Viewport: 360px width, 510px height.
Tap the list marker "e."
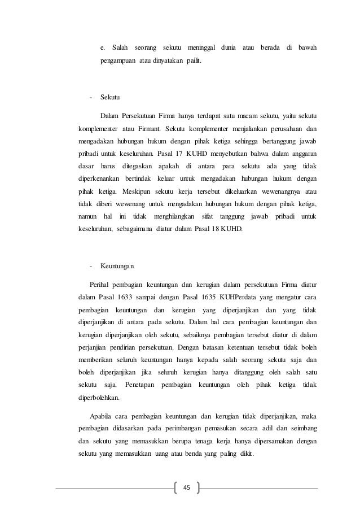tap(103, 46)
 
